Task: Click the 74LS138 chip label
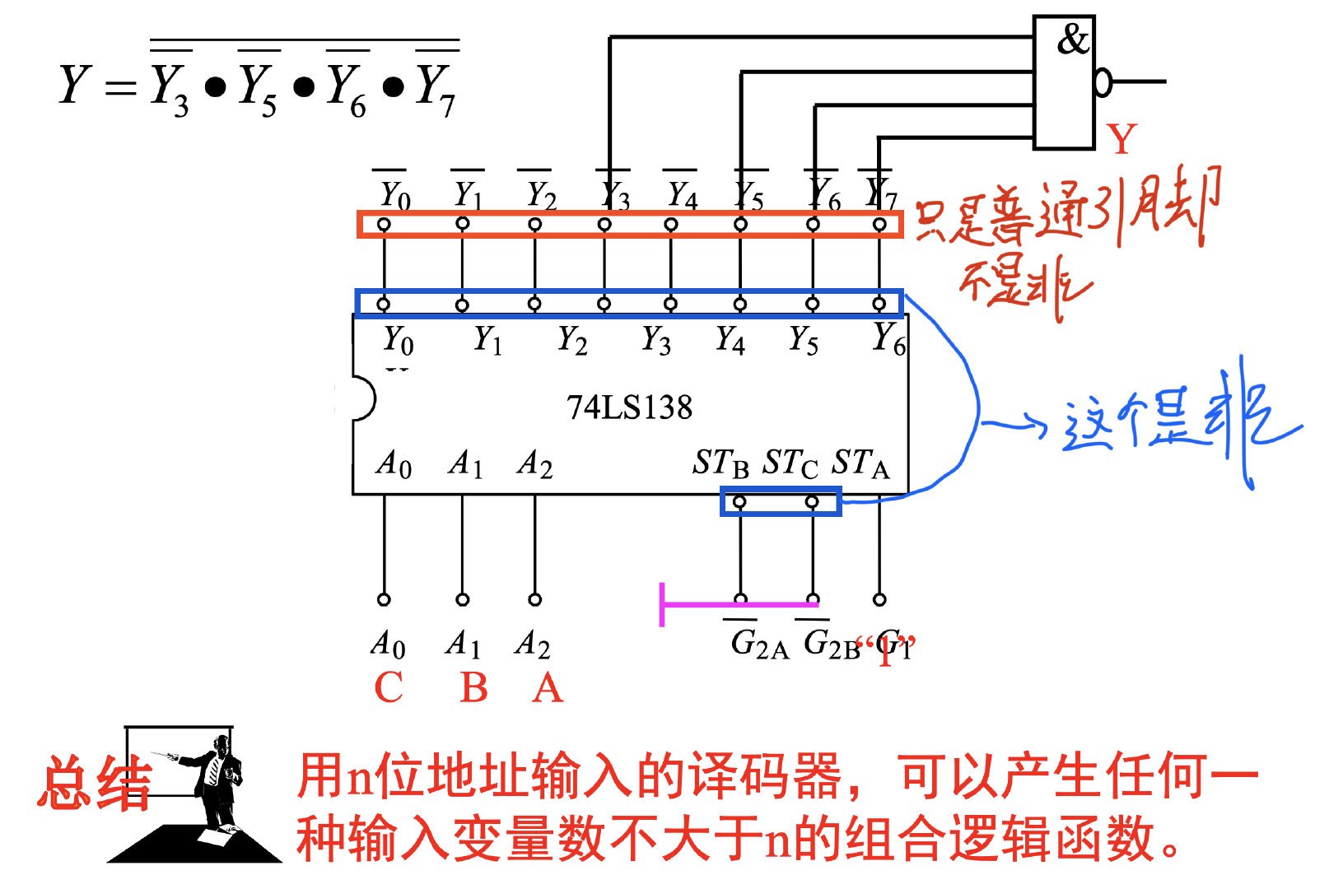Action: (629, 407)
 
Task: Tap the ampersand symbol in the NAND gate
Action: (1072, 40)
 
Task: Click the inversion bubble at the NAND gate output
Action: (1103, 81)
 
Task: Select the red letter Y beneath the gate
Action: (1121, 140)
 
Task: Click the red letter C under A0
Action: (388, 688)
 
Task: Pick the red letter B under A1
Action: (473, 688)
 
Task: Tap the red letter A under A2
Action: (548, 688)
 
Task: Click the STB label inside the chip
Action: (720, 463)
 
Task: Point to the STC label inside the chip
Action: (790, 463)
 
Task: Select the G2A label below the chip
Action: (758, 644)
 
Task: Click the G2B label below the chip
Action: (831, 644)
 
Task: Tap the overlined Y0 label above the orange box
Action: (394, 194)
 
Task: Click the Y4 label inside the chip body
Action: (730, 339)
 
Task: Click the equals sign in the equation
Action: (120, 86)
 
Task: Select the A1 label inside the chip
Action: (465, 463)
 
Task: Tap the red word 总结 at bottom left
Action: (95, 784)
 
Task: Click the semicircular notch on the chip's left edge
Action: (362, 398)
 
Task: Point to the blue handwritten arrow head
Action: (1039, 426)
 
